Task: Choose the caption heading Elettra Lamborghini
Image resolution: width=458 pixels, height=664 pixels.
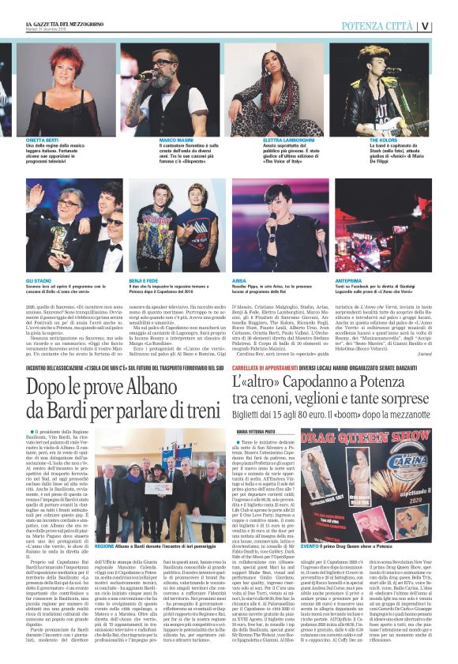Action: [x=266, y=141]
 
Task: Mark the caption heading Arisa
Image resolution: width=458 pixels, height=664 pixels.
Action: [x=240, y=280]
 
